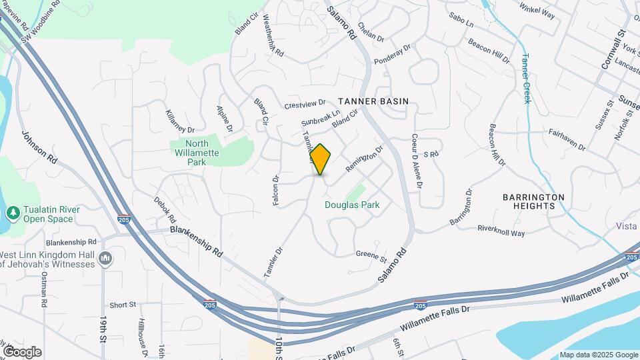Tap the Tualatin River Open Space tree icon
pos(12,213)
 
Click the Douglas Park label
pos(352,205)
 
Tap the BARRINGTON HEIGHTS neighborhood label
pos(533,201)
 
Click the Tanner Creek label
pos(526,78)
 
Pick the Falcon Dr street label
pos(276,190)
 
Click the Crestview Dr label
pos(305,105)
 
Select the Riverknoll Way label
pos(501,231)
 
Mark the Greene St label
pos(371,254)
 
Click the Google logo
pos(22,352)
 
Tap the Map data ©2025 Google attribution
pos(598,355)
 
